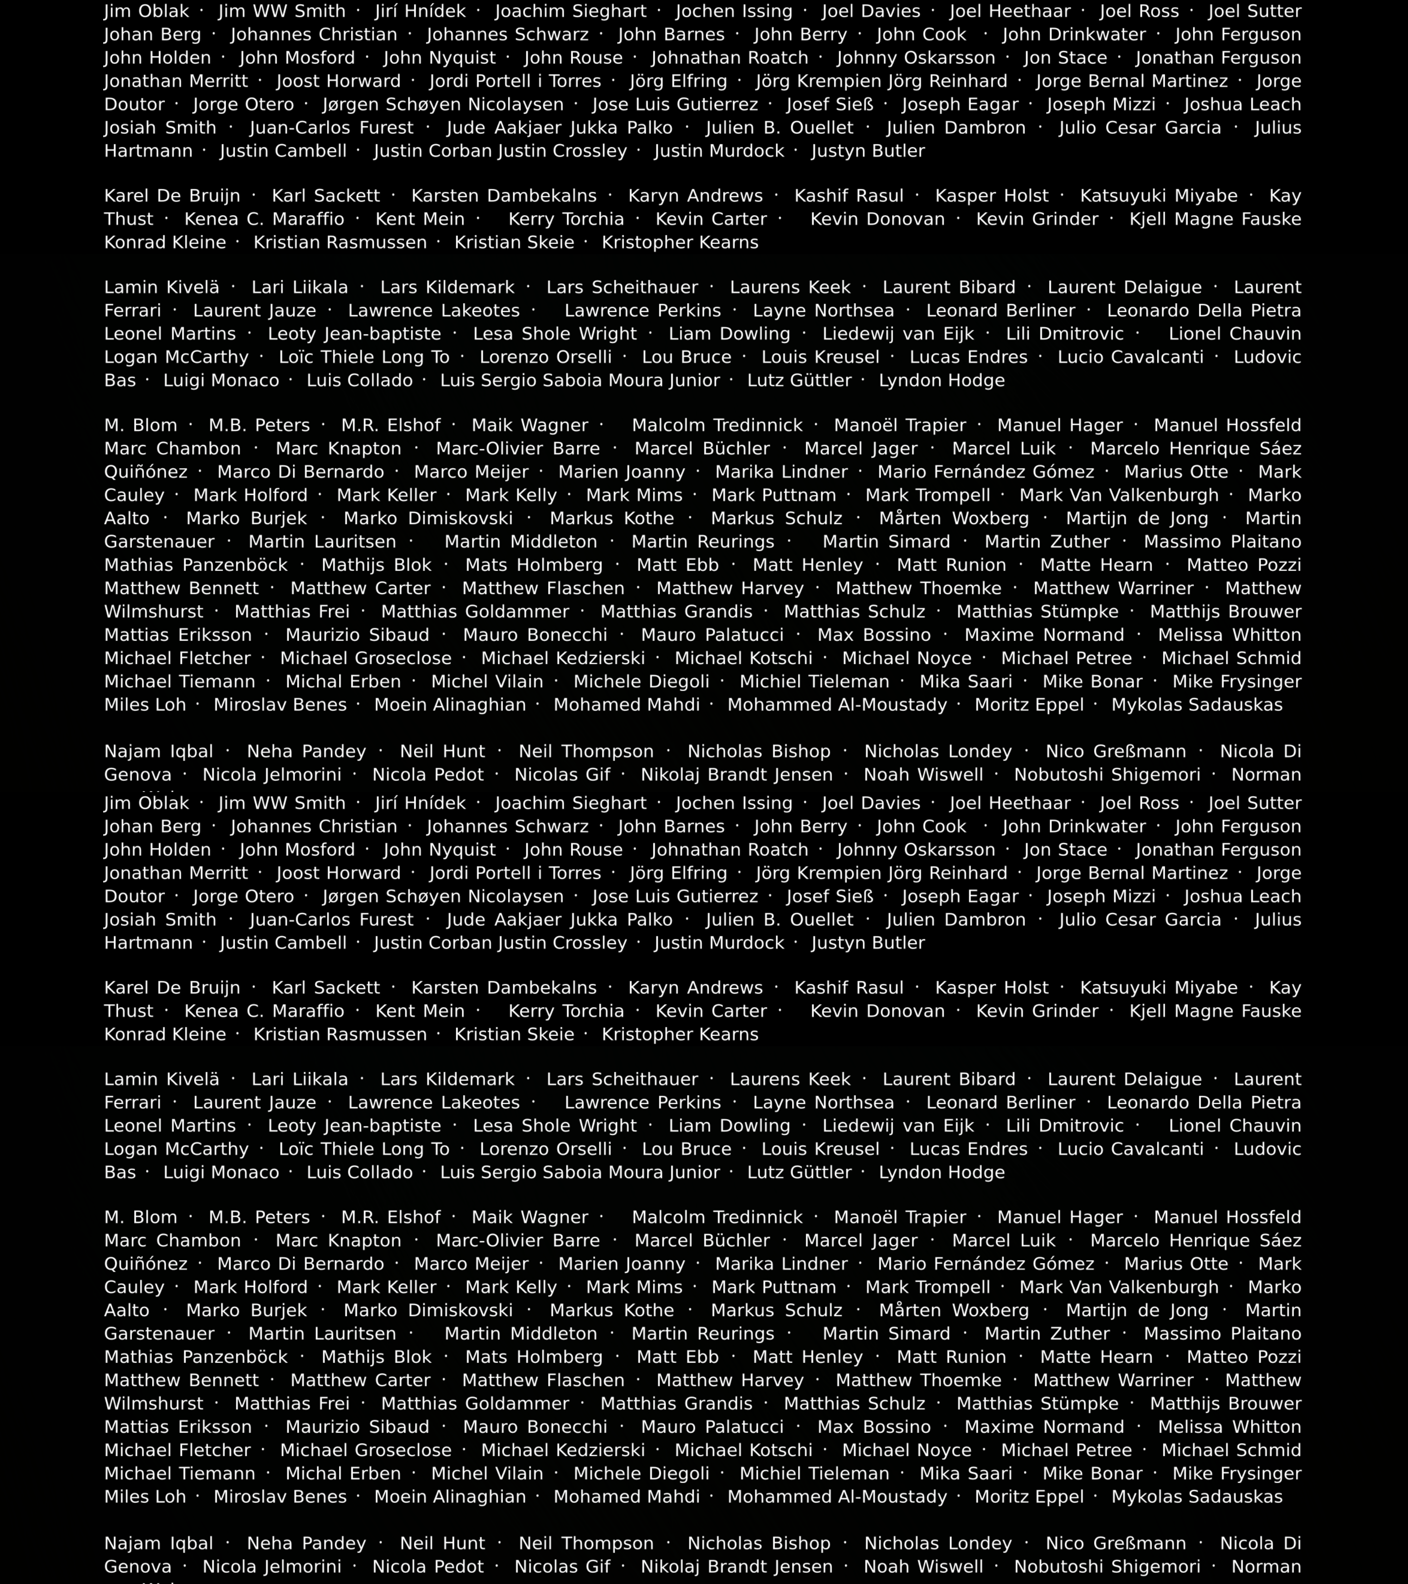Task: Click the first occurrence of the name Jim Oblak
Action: [x=146, y=12]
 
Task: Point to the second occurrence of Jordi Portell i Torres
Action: [x=515, y=873]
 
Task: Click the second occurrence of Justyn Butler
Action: [x=868, y=943]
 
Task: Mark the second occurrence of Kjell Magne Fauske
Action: [x=1215, y=1011]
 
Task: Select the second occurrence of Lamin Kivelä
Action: [x=162, y=1080]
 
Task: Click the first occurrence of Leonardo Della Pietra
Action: [x=1203, y=311]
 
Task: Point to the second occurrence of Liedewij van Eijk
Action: [x=898, y=1126]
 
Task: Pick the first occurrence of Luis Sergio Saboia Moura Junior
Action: [x=580, y=381]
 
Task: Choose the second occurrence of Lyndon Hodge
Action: [x=942, y=1173]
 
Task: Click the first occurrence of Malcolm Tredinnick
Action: [x=717, y=426]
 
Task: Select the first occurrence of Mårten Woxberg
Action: [x=954, y=518]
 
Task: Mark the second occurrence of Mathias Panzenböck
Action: [x=196, y=1357]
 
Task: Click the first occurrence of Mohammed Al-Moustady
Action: [x=837, y=705]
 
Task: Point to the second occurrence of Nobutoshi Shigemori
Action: [x=1107, y=1567]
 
